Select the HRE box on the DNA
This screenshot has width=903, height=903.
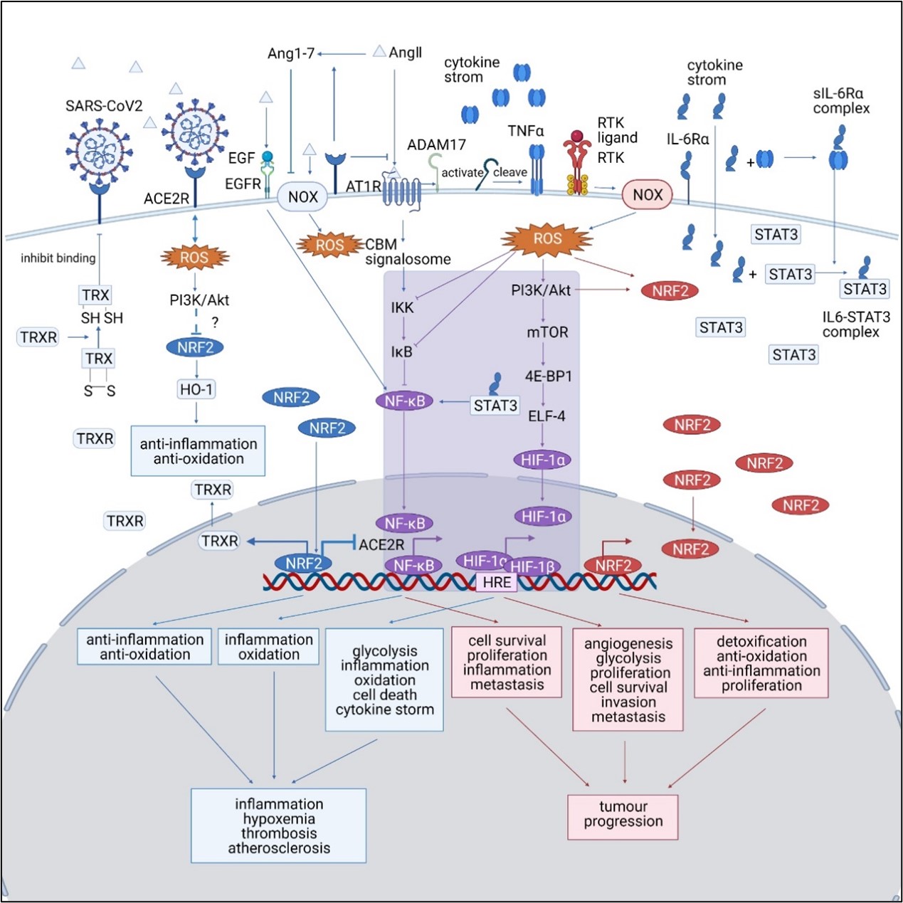[496, 583]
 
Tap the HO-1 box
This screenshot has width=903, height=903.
[196, 389]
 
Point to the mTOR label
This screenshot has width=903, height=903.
[547, 332]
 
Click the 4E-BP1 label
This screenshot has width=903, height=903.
[548, 376]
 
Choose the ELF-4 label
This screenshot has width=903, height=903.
[546, 416]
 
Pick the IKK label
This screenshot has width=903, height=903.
[402, 307]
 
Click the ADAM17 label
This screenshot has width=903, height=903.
[436, 144]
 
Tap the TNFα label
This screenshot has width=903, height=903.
[525, 131]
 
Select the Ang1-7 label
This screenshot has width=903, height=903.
[290, 53]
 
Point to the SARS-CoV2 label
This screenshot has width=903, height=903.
[104, 106]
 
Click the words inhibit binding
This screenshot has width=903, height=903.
[58, 258]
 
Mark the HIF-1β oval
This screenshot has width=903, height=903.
[533, 566]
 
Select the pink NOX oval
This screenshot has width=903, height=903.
[647, 195]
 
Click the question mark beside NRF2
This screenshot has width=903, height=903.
[214, 322]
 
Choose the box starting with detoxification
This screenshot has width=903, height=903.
[761, 663]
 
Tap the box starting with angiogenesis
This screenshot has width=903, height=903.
[628, 680]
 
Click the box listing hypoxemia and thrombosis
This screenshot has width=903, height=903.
[279, 825]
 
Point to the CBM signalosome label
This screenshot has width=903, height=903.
[407, 252]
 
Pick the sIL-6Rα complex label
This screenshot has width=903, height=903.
[841, 101]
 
